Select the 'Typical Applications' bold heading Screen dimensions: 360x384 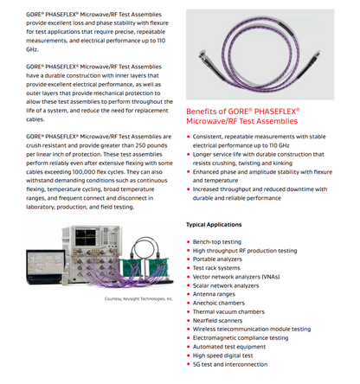[214, 225]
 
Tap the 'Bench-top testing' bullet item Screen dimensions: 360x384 [217, 241]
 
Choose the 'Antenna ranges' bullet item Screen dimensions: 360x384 [214, 294]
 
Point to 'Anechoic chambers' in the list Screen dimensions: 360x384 [219, 303]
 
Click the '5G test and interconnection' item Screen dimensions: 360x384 [230, 364]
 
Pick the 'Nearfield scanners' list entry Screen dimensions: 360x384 [217, 320]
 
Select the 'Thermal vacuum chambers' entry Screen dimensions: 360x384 [228, 311]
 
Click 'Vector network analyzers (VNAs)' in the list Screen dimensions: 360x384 [236, 277]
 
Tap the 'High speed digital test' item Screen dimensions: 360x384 [222, 355]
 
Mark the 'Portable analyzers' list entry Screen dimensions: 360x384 [217, 259]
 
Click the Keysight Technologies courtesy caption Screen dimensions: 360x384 [138, 298]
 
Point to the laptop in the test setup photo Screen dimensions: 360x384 [46, 266]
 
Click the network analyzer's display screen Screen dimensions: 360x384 [86, 237]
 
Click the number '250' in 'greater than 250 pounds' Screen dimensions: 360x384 [141, 145]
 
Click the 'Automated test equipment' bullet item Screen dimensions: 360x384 [229, 347]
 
